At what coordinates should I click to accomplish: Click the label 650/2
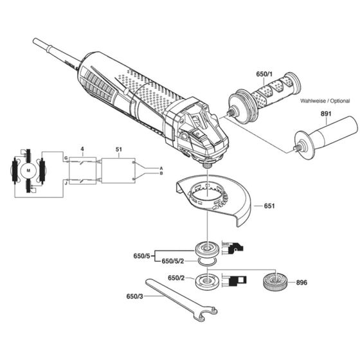(177, 278)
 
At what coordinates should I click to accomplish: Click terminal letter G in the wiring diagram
(65, 158)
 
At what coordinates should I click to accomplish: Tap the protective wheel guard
(212, 199)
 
